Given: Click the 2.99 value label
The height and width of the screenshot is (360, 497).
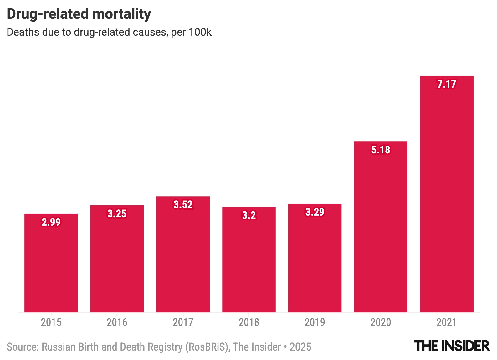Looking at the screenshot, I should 51,222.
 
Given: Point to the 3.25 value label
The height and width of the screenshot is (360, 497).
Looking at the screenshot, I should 117,213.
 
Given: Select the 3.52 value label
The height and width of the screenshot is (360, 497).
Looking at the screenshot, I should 183,204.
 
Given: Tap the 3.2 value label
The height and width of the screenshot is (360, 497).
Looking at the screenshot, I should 249,215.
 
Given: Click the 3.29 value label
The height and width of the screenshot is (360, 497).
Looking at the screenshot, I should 315,212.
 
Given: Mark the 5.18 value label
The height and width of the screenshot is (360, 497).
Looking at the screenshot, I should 381,150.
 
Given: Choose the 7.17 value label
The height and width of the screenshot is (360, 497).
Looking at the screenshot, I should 447,84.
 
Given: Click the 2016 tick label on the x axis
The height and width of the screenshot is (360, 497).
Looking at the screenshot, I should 117,322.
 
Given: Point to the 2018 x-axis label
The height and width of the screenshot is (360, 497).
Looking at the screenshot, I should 249,322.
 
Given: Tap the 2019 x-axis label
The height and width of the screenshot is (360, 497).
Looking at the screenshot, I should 315,322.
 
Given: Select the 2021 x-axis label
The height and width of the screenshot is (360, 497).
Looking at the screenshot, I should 447,322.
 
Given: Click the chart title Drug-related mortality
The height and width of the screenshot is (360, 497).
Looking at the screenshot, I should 79,14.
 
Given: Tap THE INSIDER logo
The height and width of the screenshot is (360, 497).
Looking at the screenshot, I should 452,346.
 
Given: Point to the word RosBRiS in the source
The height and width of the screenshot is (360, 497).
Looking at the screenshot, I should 206,347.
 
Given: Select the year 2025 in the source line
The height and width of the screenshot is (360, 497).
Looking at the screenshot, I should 300,347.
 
